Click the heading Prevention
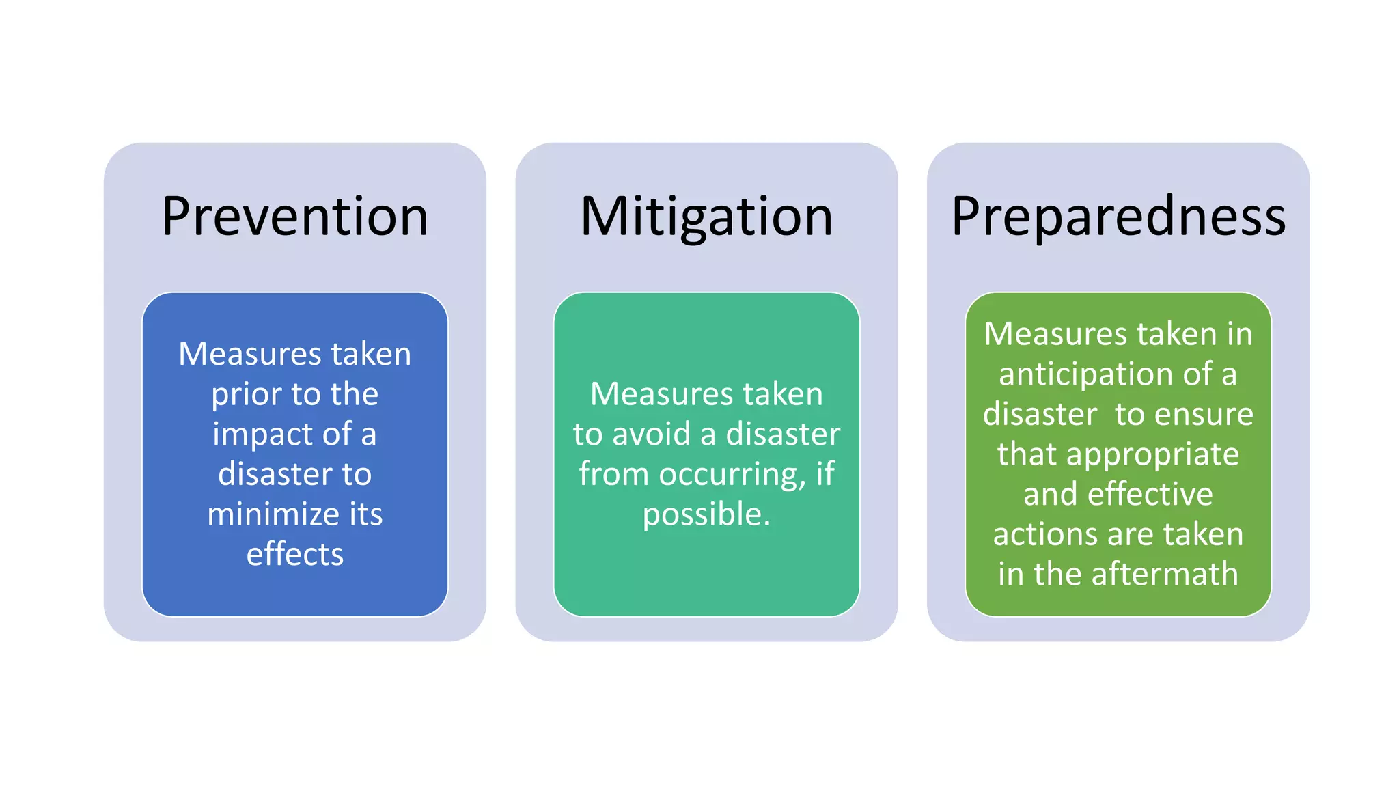[294, 217]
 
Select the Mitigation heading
[706, 217]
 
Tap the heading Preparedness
[1118, 217]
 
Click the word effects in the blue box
[294, 554]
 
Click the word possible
[706, 514]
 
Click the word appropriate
[1152, 454]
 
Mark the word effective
[1150, 494]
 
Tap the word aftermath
[1165, 574]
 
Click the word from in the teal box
[613, 474]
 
